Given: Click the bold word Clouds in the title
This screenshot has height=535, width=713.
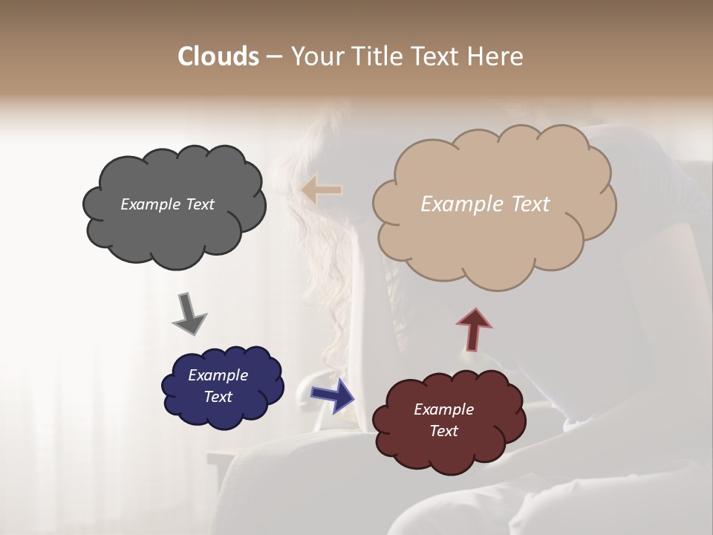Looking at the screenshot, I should [x=218, y=56].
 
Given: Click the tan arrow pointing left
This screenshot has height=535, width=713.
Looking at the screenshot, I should [x=322, y=189].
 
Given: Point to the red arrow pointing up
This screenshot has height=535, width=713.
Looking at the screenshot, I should [x=474, y=329].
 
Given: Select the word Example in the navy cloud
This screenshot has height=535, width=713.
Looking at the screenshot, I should [x=218, y=375].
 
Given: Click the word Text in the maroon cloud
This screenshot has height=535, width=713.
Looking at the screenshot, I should [x=443, y=431].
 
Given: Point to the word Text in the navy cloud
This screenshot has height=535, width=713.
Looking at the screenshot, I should [x=218, y=397].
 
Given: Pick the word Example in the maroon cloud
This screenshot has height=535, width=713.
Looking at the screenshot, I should [x=443, y=409].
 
